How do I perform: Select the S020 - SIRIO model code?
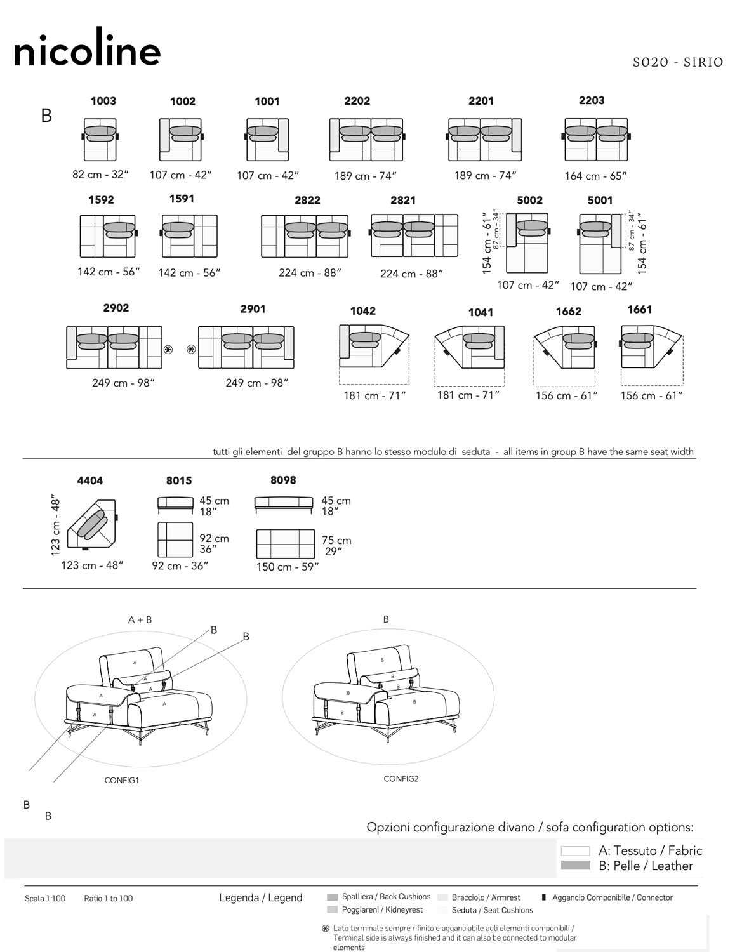[678, 62]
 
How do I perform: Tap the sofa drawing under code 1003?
[100, 139]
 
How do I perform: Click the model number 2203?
[592, 100]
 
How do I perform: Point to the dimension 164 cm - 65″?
[595, 176]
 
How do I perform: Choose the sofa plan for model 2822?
[305, 235]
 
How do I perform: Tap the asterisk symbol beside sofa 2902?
[168, 349]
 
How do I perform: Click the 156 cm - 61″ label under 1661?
[651, 395]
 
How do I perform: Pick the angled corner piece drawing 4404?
[93, 526]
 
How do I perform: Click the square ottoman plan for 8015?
[175, 539]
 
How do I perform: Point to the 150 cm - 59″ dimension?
[287, 567]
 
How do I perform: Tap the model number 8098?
[283, 480]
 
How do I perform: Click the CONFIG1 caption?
[121, 780]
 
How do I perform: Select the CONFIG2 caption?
[401, 779]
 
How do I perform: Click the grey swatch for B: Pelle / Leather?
[575, 866]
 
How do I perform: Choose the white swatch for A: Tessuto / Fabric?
[575, 851]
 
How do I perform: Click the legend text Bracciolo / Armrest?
[486, 897]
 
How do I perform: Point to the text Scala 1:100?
[45, 898]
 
